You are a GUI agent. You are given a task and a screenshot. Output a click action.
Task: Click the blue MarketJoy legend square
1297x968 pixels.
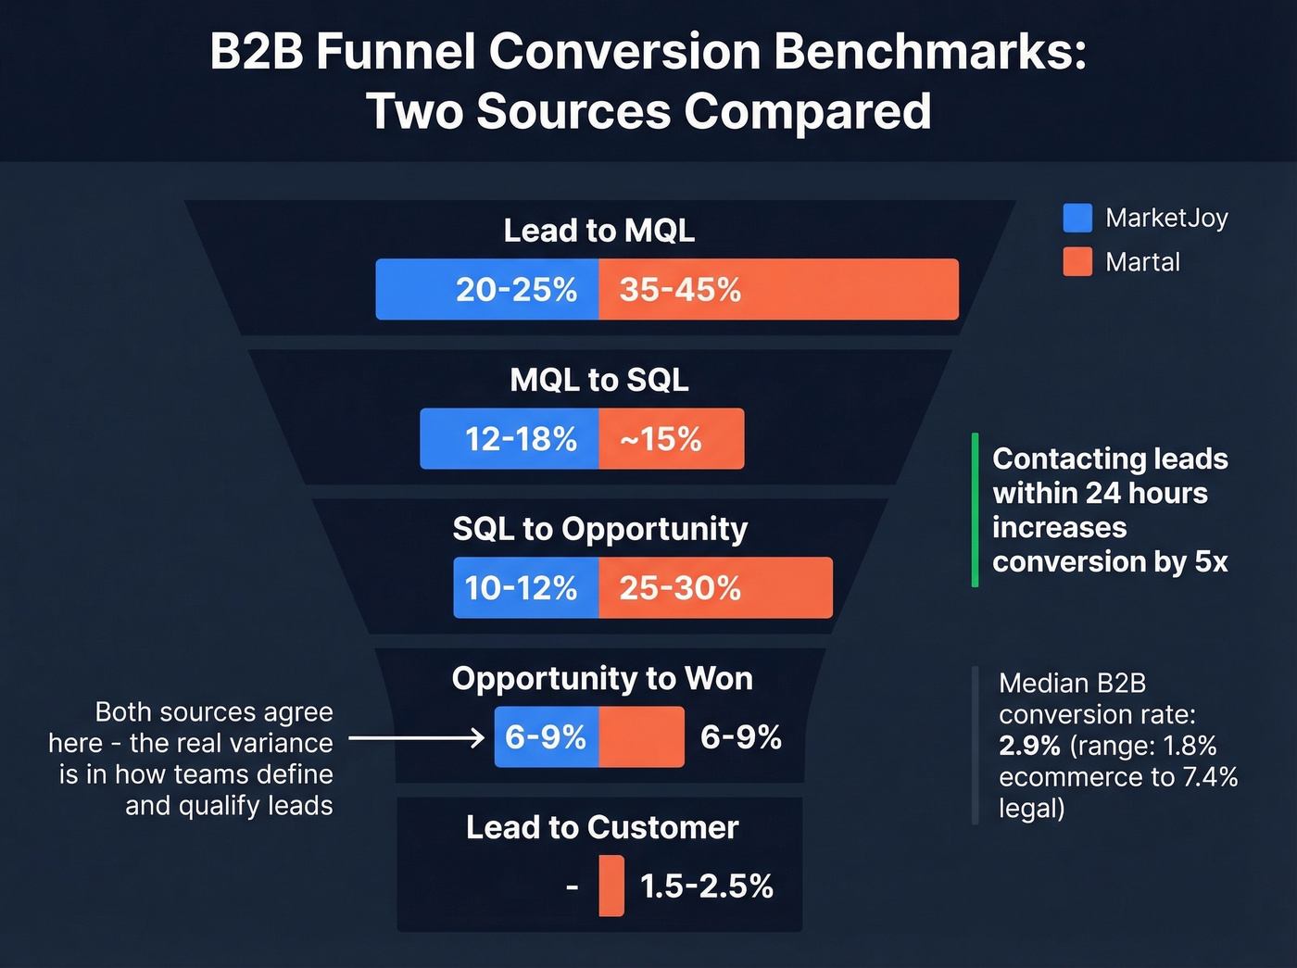[x=1077, y=218]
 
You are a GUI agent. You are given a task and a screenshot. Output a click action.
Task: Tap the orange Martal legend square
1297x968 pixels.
[x=1077, y=262]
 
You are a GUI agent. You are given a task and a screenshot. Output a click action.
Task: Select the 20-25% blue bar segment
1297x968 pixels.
[x=487, y=289]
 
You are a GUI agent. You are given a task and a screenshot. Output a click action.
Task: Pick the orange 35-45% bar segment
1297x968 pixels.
[x=778, y=289]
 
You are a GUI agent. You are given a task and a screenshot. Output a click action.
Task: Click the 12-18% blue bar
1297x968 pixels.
[x=510, y=438]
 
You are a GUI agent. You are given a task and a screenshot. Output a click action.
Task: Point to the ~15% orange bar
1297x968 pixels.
[x=671, y=438]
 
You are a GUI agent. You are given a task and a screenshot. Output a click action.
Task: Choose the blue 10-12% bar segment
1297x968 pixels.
[x=525, y=587]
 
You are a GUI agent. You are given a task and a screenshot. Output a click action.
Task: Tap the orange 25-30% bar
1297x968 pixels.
[x=715, y=587]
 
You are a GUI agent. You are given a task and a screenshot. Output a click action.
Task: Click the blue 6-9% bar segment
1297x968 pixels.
[x=546, y=737]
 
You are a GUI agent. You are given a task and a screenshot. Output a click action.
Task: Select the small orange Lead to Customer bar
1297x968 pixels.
[x=611, y=886]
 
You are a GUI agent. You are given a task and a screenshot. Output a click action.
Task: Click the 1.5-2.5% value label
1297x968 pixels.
[x=706, y=886]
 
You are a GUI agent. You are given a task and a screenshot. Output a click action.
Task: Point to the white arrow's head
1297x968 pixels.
[x=479, y=738]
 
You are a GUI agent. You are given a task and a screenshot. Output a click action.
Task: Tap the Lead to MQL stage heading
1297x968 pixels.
[x=598, y=231]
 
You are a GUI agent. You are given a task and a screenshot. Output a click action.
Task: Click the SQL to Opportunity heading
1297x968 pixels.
[x=599, y=529]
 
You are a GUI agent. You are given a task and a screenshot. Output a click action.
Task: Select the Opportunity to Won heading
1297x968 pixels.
[x=602, y=678]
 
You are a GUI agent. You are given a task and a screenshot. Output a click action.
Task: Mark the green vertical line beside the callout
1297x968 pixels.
[x=975, y=509]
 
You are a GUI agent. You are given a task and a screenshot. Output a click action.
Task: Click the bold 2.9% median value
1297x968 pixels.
[x=1029, y=746]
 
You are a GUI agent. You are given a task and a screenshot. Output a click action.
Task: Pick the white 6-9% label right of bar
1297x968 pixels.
[x=740, y=737]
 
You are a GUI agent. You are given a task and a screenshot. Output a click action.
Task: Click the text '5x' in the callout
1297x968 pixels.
[x=1211, y=561]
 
